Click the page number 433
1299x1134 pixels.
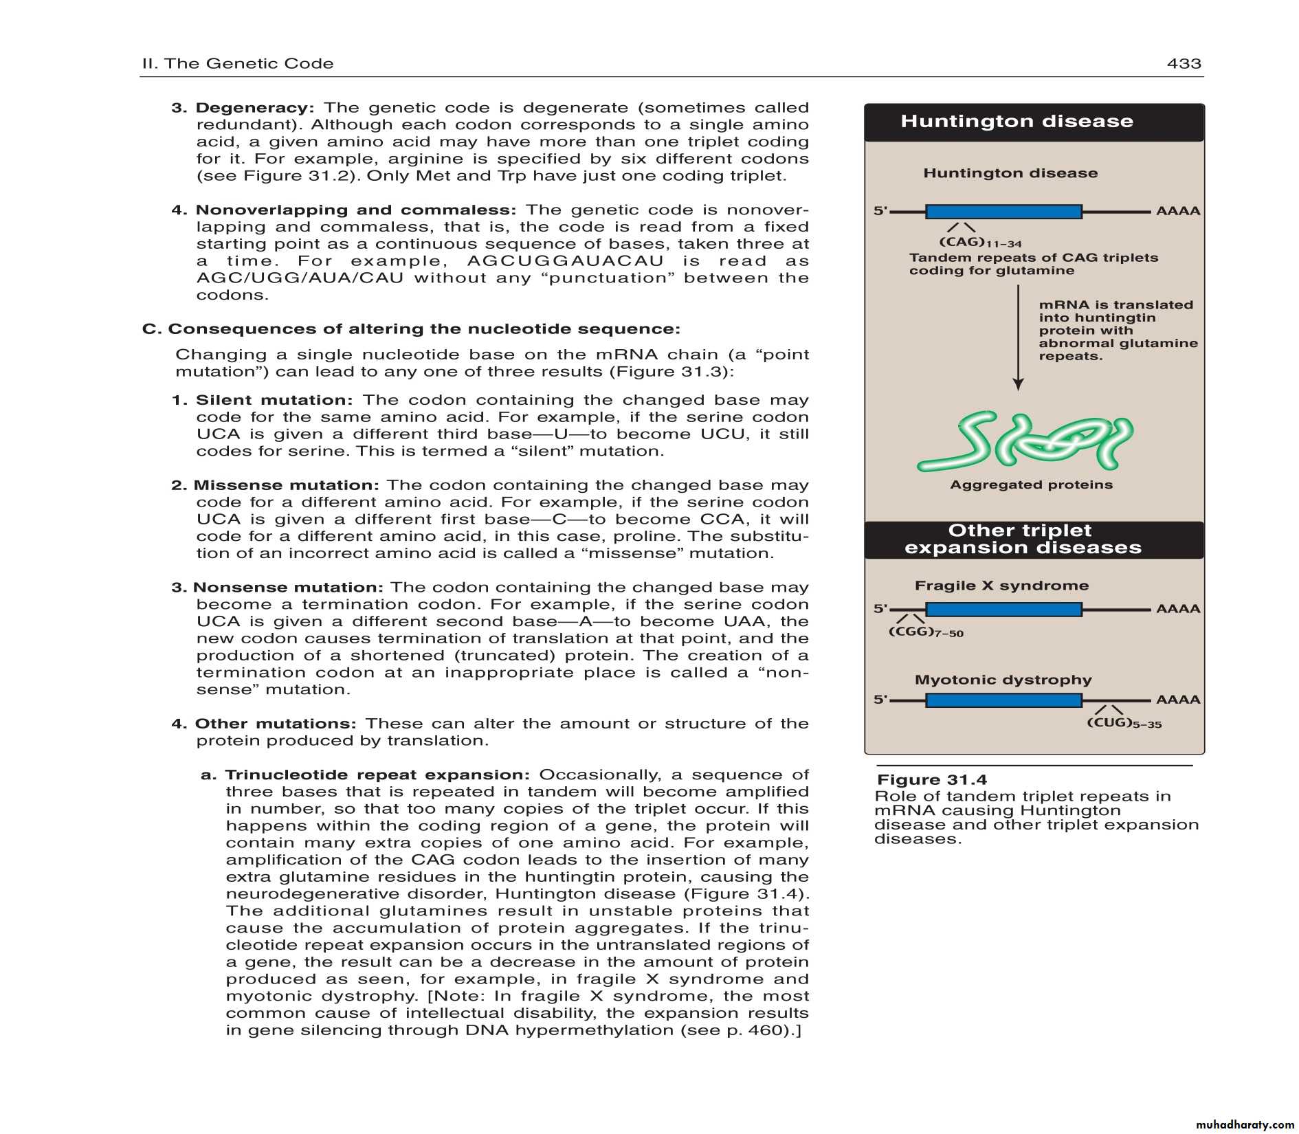[1184, 64]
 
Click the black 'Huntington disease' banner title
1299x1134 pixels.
[1017, 122]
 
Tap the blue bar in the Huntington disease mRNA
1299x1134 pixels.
[1003, 212]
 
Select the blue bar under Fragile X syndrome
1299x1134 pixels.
[1003, 609]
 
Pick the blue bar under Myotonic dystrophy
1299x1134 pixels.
[1003, 700]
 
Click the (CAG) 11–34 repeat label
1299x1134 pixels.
[979, 243]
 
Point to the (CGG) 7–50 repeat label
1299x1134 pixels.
[925, 632]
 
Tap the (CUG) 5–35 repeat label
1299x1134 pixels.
[1124, 723]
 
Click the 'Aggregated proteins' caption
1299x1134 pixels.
[1031, 485]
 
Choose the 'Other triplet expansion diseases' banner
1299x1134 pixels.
[1022, 540]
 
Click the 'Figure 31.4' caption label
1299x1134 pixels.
[931, 780]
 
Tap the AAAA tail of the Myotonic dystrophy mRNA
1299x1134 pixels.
[1178, 700]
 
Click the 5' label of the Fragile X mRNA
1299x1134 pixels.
[880, 609]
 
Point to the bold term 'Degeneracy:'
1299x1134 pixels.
[254, 108]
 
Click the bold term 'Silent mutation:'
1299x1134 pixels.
[274, 400]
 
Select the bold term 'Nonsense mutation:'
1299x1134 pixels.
[287, 588]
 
